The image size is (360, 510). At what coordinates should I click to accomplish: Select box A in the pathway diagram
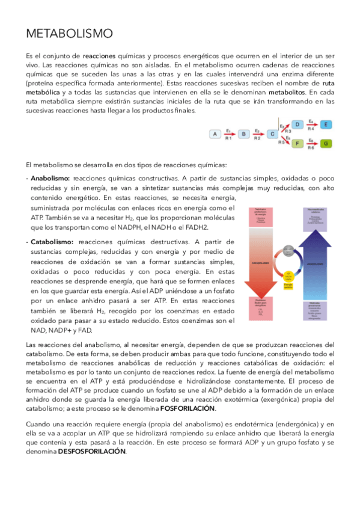click(x=215, y=134)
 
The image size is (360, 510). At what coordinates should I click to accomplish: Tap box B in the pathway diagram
click(x=244, y=134)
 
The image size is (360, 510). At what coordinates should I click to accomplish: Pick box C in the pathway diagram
click(x=272, y=134)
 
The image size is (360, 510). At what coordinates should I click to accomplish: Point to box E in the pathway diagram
click(x=325, y=124)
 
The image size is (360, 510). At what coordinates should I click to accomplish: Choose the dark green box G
click(x=325, y=144)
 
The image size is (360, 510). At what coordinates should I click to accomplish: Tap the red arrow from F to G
click(x=311, y=144)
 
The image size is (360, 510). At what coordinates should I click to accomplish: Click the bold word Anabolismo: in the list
click(x=50, y=179)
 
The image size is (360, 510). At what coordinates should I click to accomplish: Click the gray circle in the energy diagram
click(x=288, y=250)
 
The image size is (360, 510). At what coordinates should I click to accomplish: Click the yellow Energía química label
click(x=288, y=286)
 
